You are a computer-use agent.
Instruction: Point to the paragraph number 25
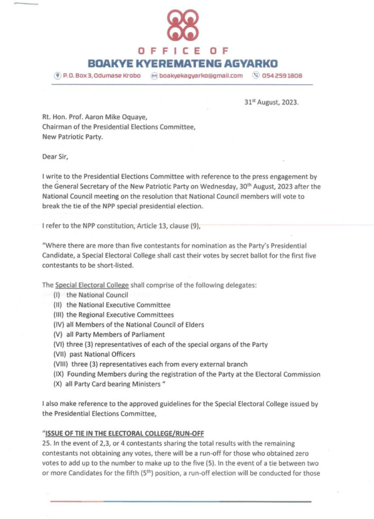click(46, 442)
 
